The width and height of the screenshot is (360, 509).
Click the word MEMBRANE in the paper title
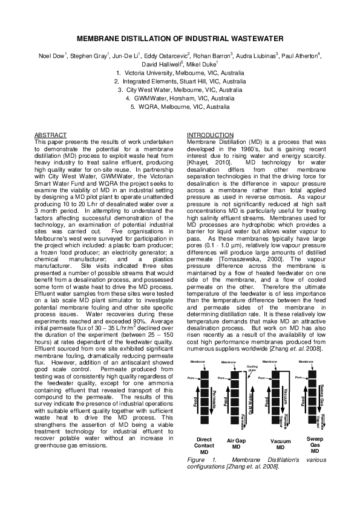click(98, 38)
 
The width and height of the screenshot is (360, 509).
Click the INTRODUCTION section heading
click(209, 134)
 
